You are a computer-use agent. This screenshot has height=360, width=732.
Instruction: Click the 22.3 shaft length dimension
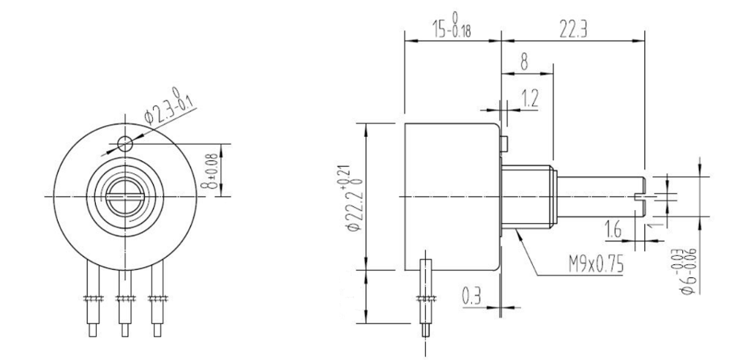pyautogui.click(x=572, y=29)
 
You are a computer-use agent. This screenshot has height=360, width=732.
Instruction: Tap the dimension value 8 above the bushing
pyautogui.click(x=524, y=62)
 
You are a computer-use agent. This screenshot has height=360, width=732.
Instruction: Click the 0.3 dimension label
pyautogui.click(x=471, y=296)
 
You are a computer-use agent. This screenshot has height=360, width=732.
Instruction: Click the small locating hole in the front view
pyautogui.click(x=125, y=143)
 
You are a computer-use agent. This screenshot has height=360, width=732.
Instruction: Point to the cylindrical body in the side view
pyautogui.click(x=450, y=196)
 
